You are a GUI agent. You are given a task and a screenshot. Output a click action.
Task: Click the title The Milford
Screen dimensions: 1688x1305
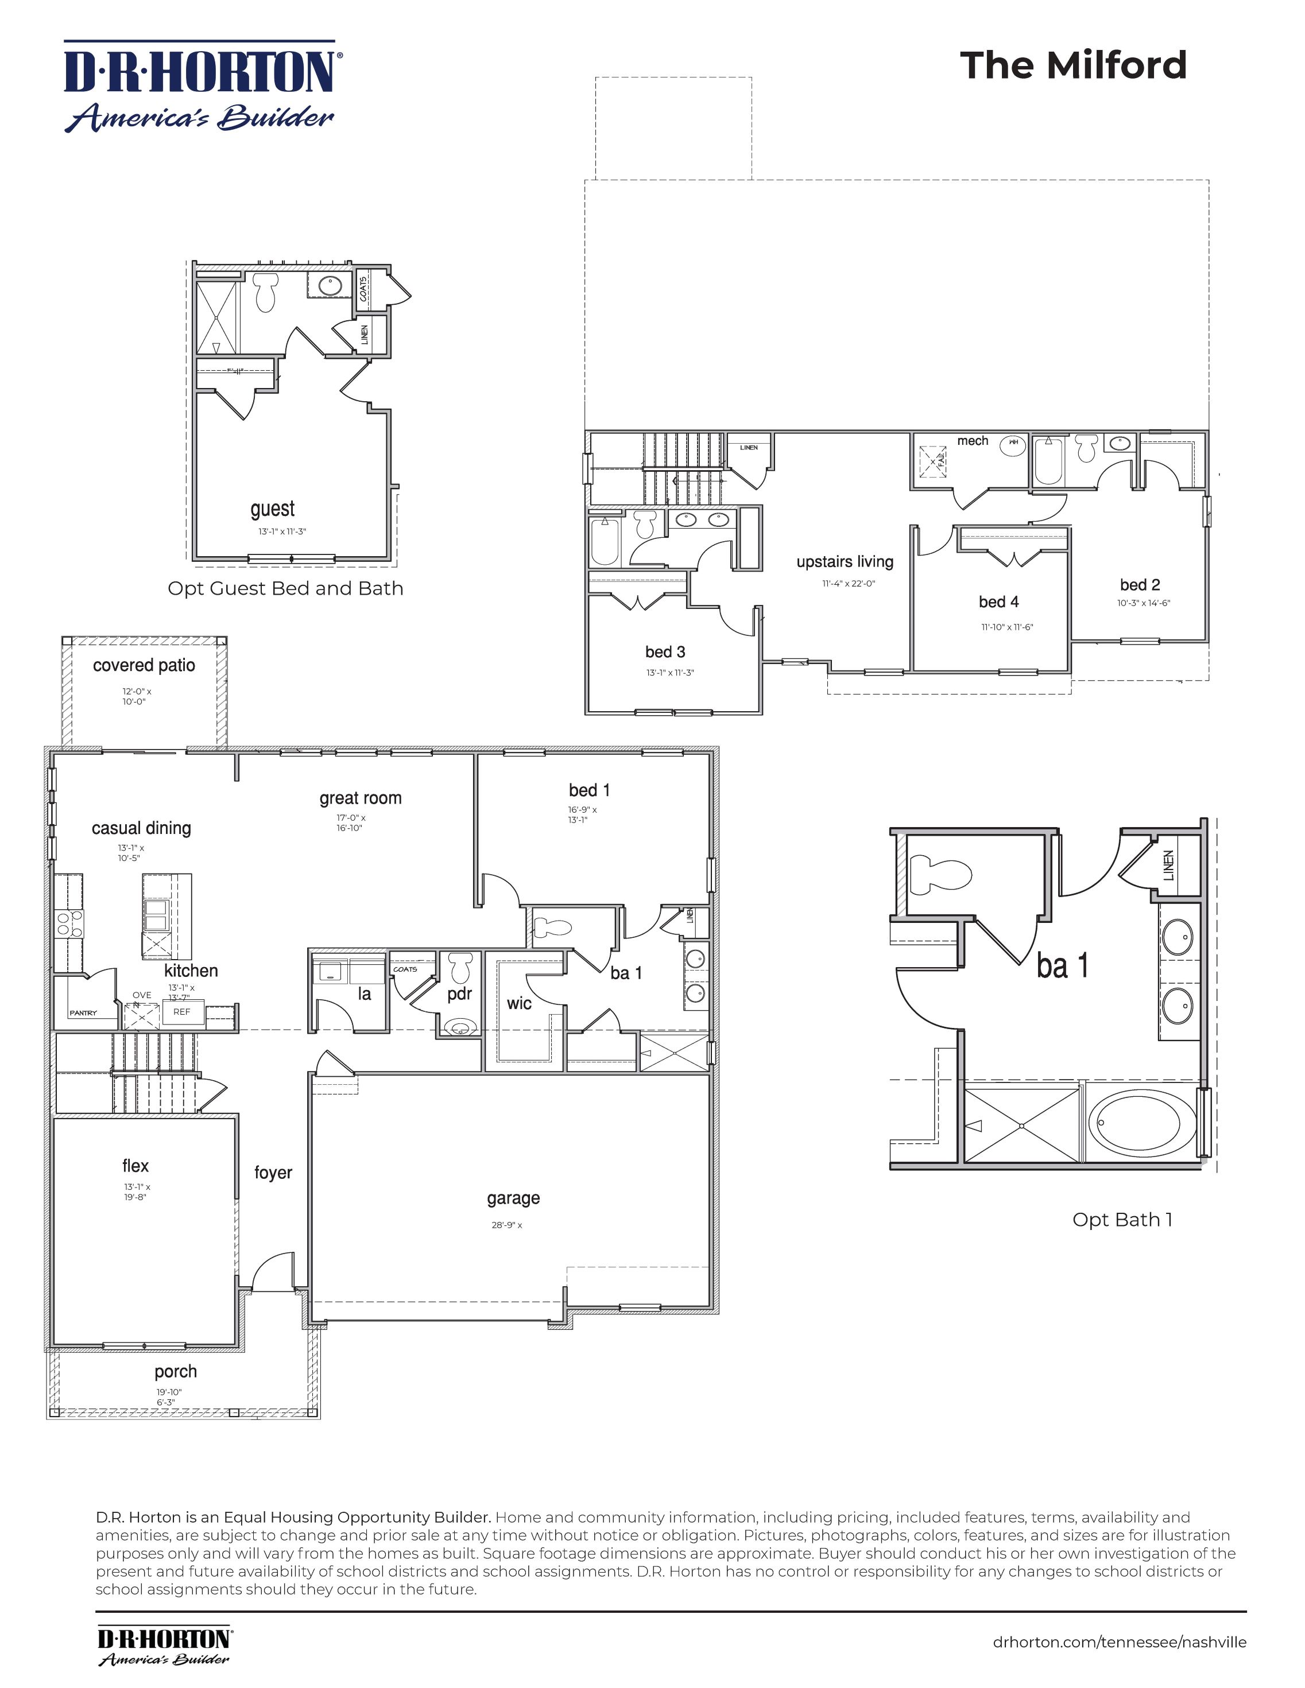(x=1072, y=65)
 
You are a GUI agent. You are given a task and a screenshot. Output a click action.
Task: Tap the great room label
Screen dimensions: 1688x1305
(x=360, y=798)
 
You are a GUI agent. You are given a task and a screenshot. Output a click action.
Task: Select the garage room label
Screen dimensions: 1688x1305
(x=513, y=1198)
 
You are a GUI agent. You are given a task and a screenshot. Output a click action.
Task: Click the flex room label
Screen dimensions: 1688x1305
(x=135, y=1166)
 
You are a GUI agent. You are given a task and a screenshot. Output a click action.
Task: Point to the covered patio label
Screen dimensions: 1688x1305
(x=144, y=665)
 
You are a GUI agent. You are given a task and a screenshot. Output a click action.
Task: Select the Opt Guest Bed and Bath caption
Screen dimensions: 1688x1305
(x=285, y=589)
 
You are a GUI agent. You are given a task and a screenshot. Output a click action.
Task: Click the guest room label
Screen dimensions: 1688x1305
(x=272, y=509)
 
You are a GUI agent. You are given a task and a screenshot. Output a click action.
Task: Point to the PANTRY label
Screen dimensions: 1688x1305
(x=83, y=1012)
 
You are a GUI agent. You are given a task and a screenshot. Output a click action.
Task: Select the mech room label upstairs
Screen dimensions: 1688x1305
(x=972, y=441)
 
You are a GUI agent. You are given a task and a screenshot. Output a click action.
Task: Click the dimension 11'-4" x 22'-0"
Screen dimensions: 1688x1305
(x=848, y=584)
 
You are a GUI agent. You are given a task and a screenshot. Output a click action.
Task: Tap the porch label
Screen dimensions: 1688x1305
(x=176, y=1372)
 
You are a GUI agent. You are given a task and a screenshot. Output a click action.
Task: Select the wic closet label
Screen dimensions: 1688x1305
(x=519, y=1003)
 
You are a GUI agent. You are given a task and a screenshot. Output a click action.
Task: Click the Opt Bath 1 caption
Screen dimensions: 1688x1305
(x=1122, y=1220)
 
